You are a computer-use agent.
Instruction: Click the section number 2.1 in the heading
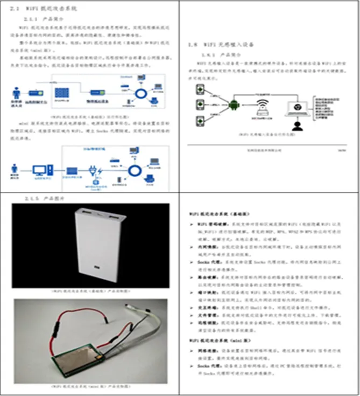pos(15,9)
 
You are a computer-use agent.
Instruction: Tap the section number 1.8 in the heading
pos(191,45)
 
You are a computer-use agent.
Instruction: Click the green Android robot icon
pos(234,105)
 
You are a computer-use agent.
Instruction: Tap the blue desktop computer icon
pos(39,172)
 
